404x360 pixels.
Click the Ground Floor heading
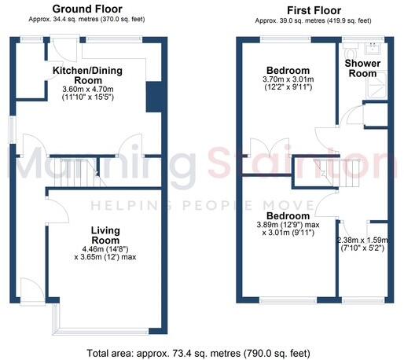tap(81, 9)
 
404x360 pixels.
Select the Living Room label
tap(105, 235)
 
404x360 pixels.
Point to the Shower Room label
tap(363, 68)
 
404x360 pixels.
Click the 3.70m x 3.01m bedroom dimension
tap(288, 79)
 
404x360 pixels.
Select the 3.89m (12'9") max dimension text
tap(288, 226)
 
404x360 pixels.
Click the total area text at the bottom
tap(201, 351)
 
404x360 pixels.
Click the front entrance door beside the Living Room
tap(28, 289)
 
